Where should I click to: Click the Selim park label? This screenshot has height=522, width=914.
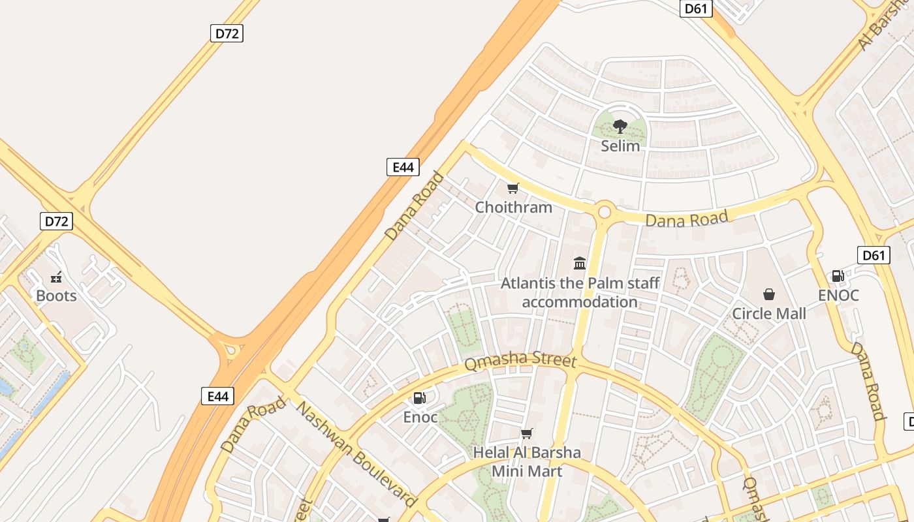620,146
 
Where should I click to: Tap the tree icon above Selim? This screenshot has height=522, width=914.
620,126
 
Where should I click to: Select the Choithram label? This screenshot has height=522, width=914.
513,207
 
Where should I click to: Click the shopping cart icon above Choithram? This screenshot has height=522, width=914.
513,189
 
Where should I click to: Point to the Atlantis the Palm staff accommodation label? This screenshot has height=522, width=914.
580,292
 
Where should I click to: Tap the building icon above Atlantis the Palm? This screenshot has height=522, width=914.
580,263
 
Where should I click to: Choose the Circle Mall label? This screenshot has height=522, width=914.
769,313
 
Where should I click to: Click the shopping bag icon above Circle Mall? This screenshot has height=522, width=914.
769,294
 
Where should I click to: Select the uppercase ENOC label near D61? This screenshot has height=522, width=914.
838,296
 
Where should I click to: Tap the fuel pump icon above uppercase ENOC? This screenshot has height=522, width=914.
838,276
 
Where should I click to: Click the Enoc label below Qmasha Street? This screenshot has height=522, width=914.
420,417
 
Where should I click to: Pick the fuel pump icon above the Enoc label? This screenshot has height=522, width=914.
420,397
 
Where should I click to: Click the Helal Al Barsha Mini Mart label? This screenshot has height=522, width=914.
527,461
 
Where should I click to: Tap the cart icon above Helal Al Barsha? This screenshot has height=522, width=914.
527,433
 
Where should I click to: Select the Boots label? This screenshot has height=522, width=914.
56,296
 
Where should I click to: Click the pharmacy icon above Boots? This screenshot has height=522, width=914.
56,277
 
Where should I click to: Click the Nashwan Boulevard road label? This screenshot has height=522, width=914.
356,453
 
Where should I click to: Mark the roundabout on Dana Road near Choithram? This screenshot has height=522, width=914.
605,211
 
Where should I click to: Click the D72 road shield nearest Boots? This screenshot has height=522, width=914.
56,221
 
